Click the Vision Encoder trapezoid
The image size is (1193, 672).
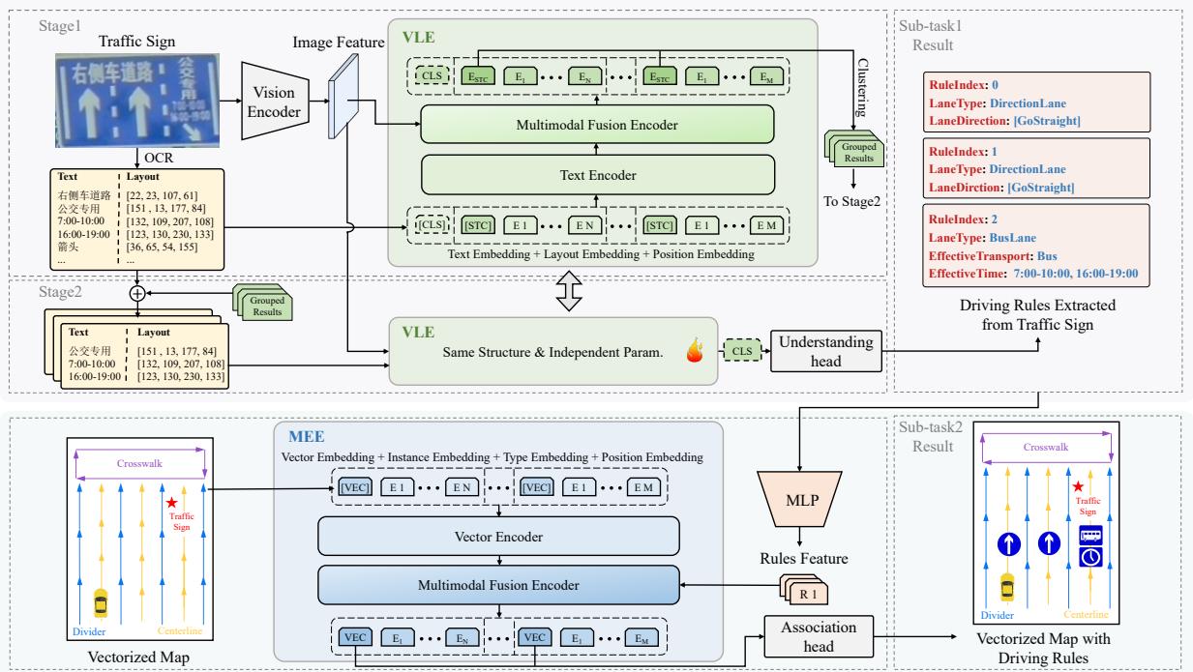coord(274,100)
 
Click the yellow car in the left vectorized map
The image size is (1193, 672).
coord(100,603)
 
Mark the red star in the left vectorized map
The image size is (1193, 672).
coord(172,503)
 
